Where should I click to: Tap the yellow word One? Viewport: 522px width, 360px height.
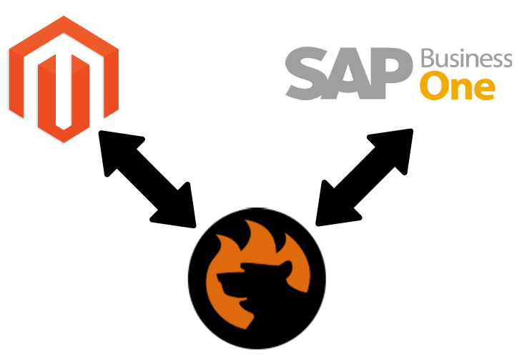coord(457,86)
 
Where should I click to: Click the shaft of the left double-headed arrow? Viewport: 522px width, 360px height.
coord(147,178)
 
